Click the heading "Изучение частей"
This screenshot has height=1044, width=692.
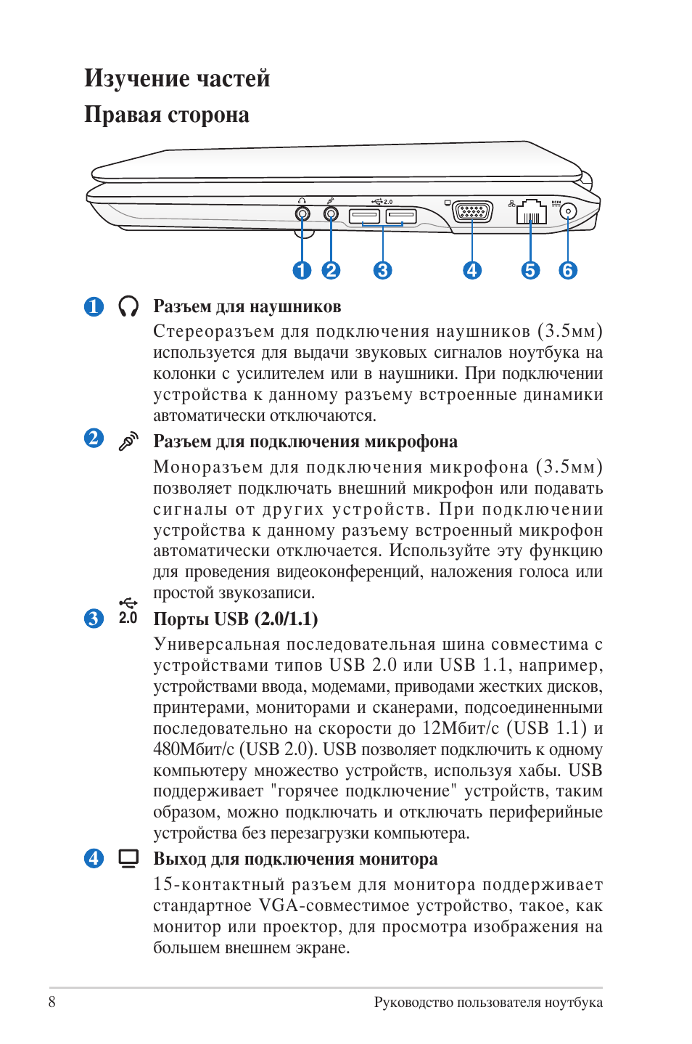[x=177, y=78]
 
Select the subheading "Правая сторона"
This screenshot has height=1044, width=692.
[x=167, y=115]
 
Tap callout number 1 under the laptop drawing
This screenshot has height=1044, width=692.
[x=302, y=271]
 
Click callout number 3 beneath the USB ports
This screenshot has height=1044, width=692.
[x=382, y=271]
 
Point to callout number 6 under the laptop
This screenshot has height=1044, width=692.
[x=568, y=271]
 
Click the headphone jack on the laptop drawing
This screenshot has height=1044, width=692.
[x=302, y=213]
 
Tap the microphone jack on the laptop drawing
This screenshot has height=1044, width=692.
[x=331, y=213]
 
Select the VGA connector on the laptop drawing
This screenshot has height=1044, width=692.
[x=472, y=211]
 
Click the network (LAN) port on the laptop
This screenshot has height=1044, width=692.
[x=531, y=212]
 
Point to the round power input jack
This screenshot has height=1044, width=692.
[x=568, y=211]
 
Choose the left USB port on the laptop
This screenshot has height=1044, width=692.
[x=364, y=216]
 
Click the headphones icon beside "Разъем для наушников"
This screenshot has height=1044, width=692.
[x=128, y=306]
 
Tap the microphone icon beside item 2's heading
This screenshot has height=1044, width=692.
[x=128, y=441]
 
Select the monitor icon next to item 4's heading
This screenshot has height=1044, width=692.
[x=128, y=859]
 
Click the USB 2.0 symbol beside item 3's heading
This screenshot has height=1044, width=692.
[x=128, y=611]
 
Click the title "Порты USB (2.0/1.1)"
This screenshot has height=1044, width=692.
[x=236, y=619]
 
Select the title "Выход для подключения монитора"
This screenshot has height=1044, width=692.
[x=295, y=860]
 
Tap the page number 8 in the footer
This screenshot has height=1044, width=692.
[x=52, y=1002]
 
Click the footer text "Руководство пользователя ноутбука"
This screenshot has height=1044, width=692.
[x=488, y=1003]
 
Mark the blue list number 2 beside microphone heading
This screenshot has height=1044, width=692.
[x=94, y=439]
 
